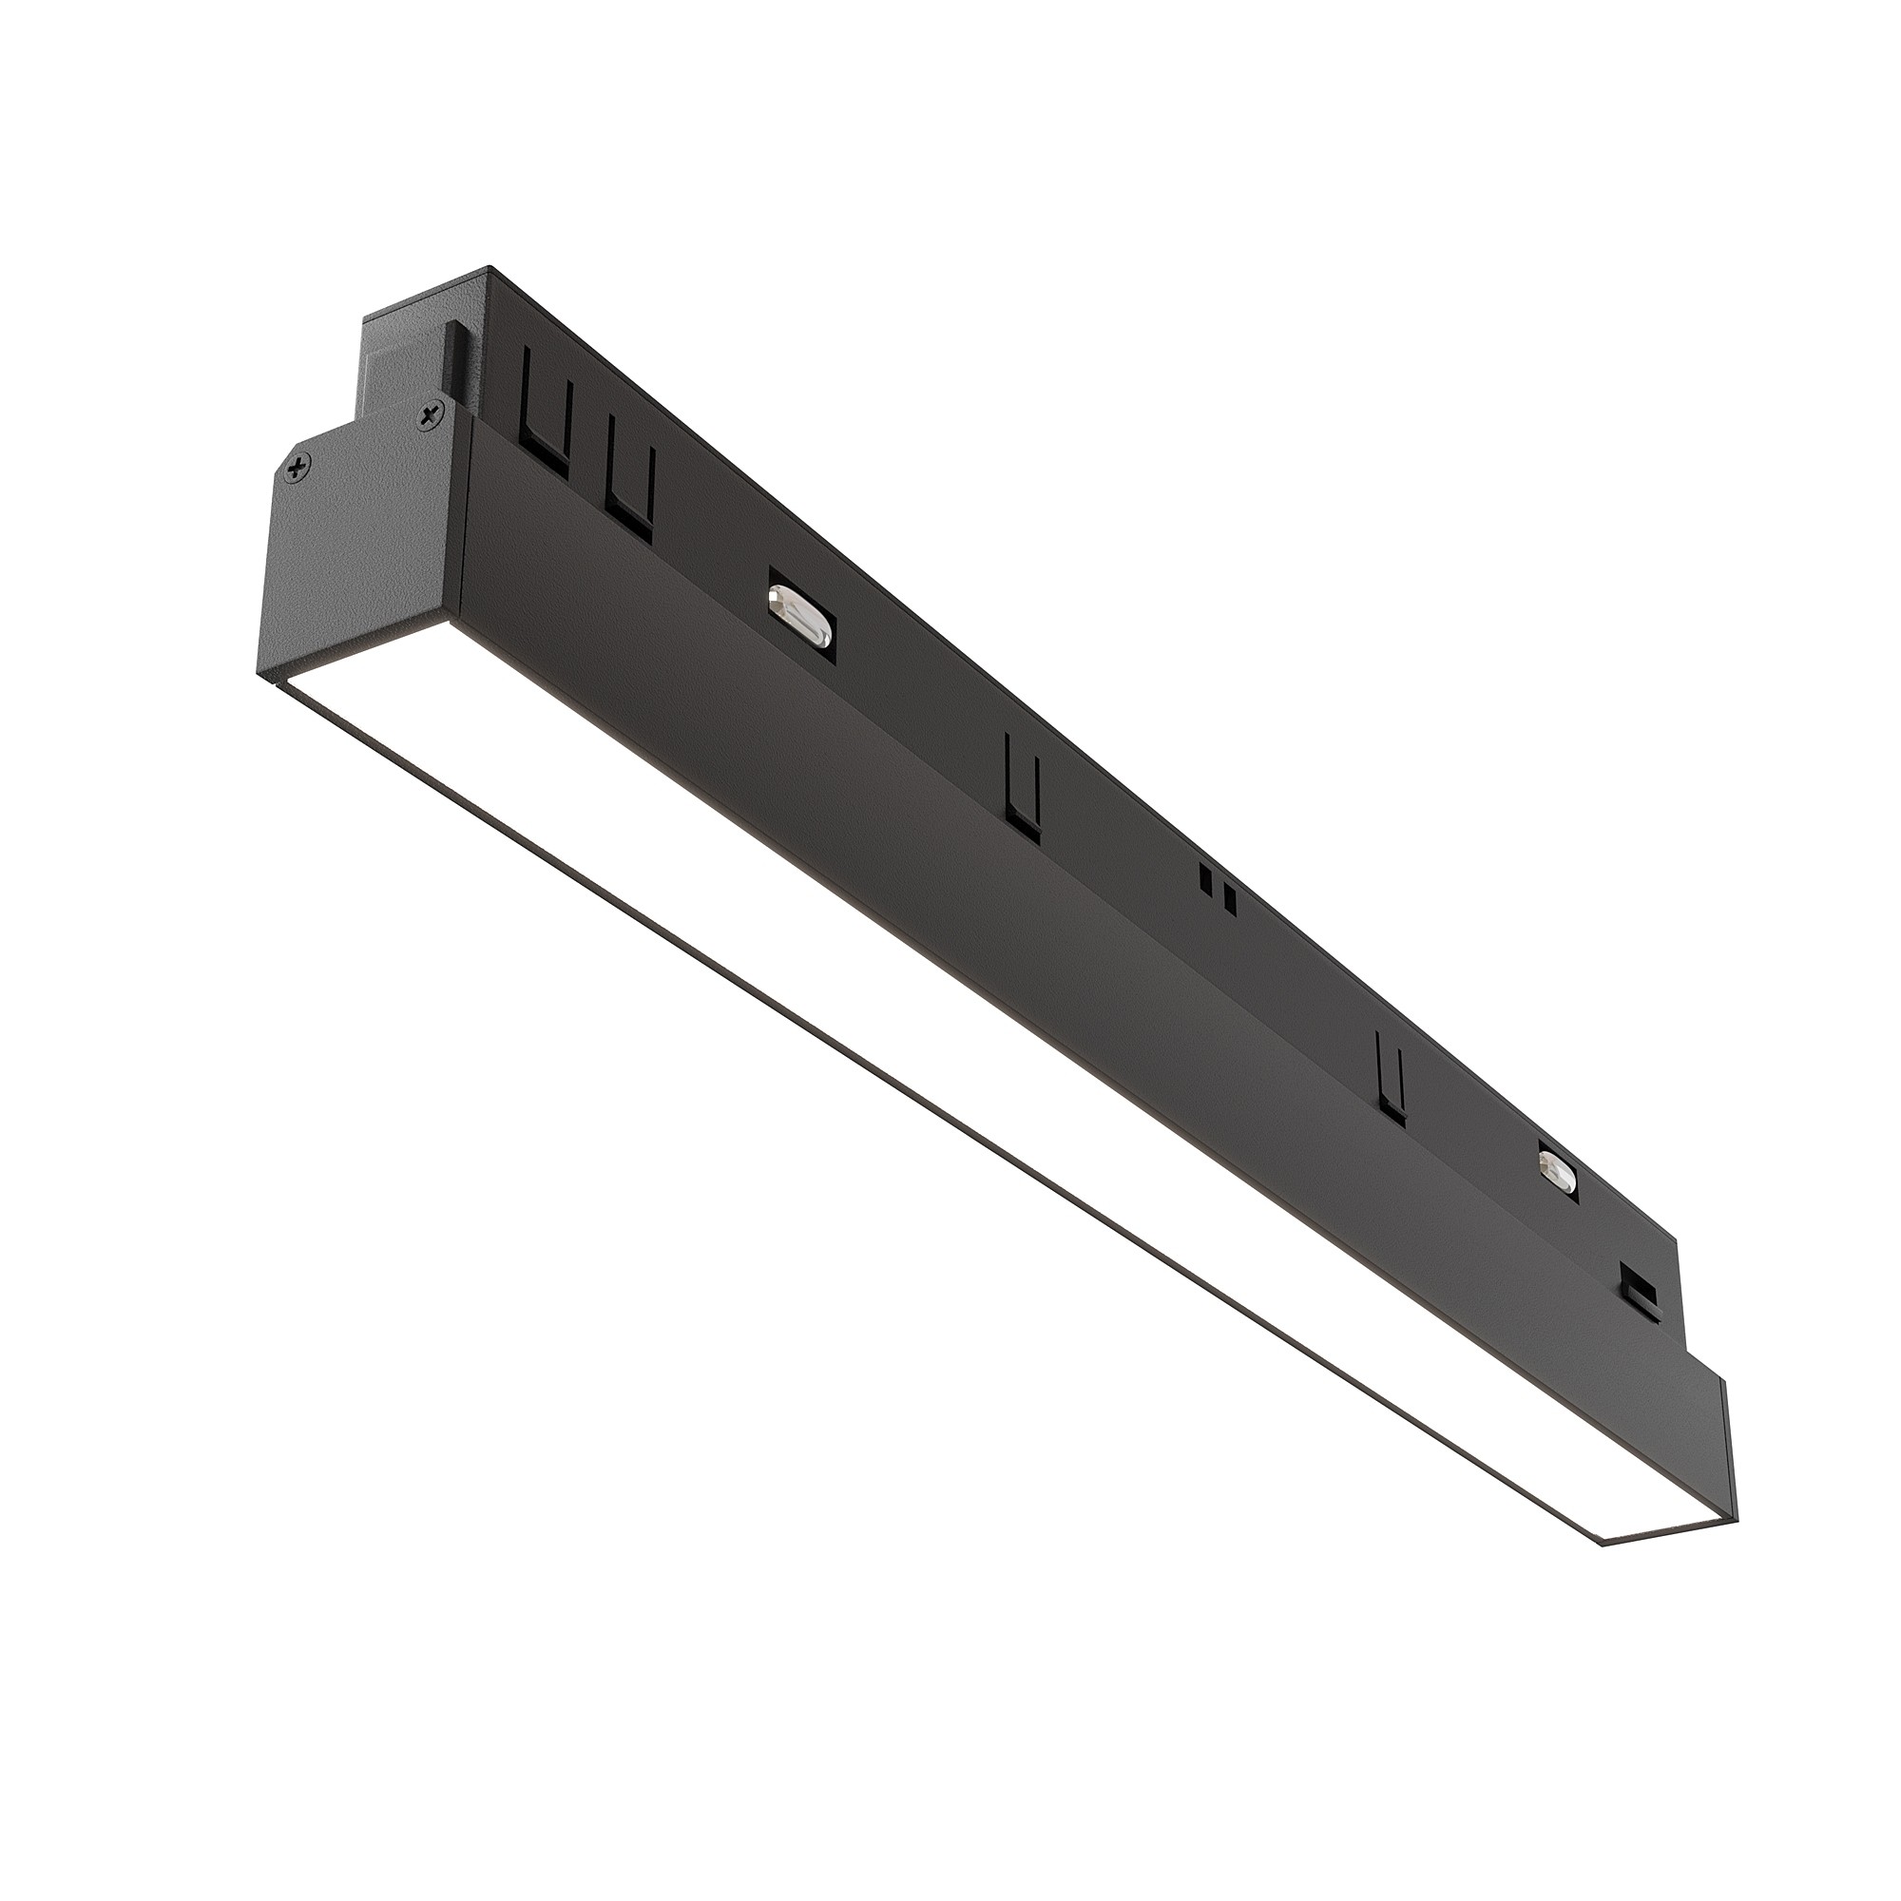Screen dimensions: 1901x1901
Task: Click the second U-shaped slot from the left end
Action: click(x=630, y=480)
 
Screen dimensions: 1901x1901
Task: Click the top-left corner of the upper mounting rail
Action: click(x=489, y=268)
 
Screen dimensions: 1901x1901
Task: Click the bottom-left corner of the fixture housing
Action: click(x=259, y=675)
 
